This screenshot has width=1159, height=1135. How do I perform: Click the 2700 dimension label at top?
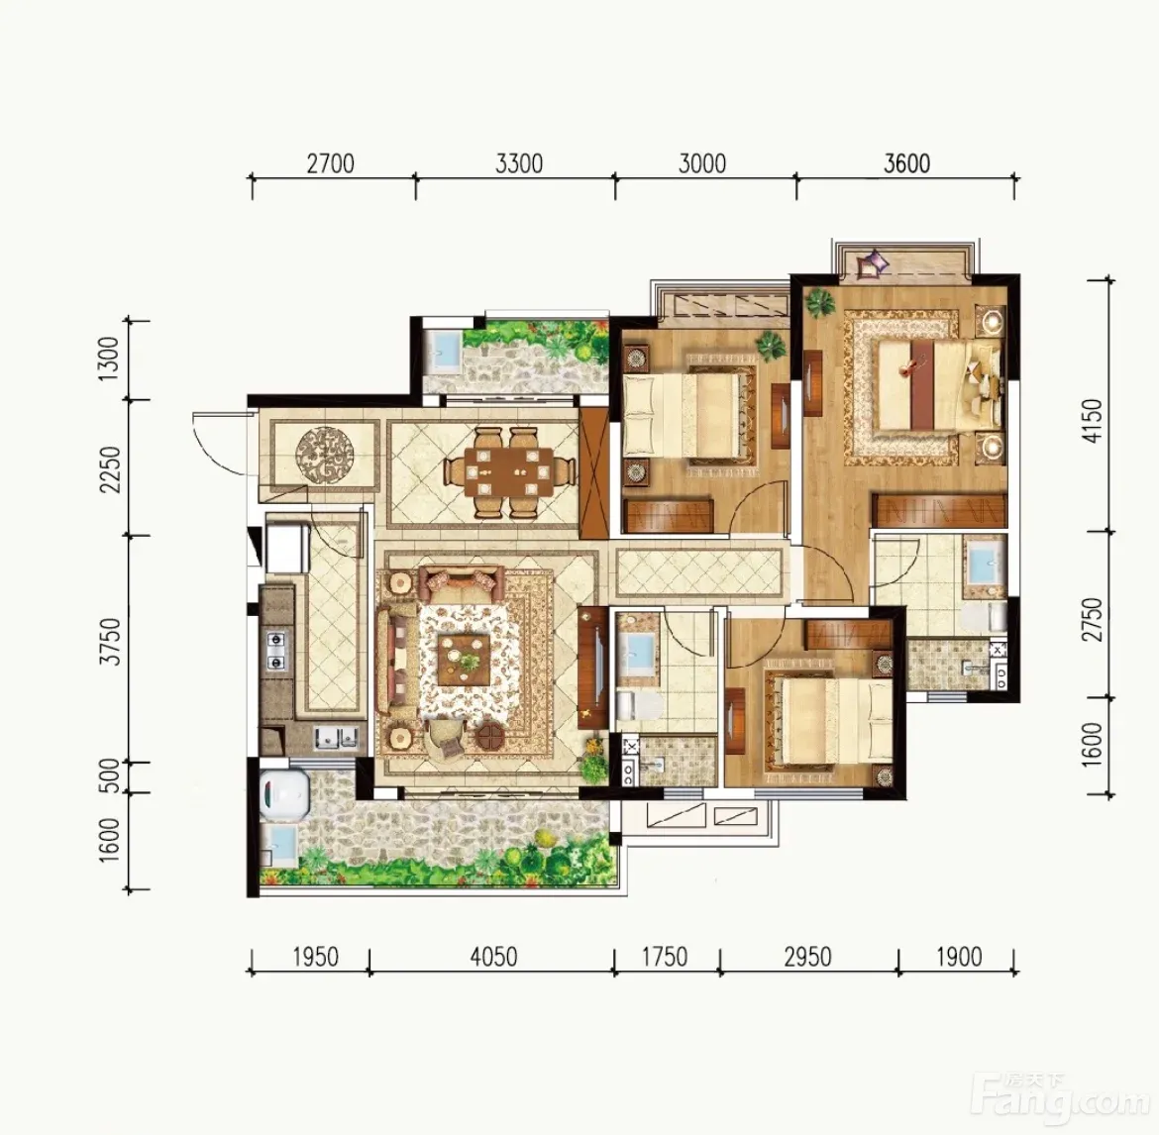331,163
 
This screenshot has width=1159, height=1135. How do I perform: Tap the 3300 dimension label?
519,163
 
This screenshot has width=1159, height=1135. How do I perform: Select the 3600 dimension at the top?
907,163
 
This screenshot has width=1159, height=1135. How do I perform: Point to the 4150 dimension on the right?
1092,421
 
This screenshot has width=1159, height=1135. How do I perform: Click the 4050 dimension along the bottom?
493,957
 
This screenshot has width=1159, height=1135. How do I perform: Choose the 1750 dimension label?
665,957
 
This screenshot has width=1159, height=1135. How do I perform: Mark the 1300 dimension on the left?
108,359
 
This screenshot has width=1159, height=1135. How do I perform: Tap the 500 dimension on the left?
108,775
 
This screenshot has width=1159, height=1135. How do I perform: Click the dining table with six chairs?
510,471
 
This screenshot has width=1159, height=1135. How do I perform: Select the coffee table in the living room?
463,660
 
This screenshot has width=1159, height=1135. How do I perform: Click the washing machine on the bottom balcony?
284,793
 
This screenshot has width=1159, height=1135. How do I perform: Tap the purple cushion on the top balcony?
873,263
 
